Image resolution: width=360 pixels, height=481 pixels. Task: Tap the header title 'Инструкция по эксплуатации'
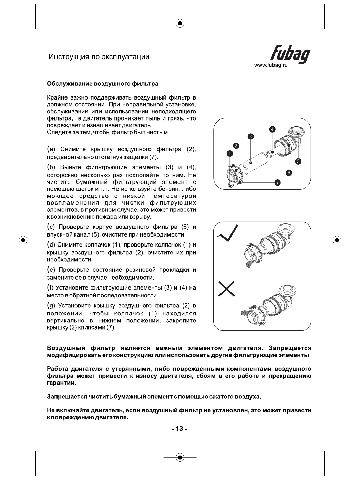(99, 57)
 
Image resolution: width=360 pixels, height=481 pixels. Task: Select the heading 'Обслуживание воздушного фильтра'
(103, 84)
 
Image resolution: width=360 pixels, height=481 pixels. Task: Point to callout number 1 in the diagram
(229, 153)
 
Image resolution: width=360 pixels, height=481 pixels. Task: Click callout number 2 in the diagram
(236, 146)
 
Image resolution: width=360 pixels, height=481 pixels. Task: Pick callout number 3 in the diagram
(251, 136)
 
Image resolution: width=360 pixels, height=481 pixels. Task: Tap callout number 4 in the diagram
(272, 129)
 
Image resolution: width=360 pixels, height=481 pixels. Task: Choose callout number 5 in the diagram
(298, 161)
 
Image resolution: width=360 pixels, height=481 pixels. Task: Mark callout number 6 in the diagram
(289, 172)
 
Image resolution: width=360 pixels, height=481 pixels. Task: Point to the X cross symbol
(226, 289)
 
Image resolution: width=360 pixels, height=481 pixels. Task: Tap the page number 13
(179, 429)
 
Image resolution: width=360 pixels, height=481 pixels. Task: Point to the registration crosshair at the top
(180, 23)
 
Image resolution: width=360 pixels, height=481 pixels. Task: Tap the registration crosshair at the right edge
(337, 240)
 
